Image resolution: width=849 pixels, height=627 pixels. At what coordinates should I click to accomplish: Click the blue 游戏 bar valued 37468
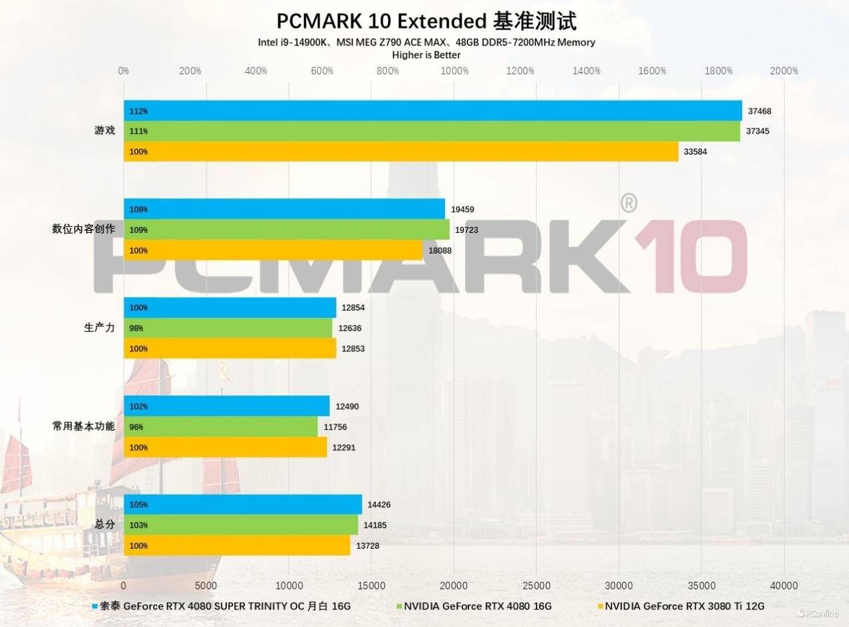point(433,110)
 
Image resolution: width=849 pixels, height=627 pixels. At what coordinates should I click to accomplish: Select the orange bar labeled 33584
point(401,151)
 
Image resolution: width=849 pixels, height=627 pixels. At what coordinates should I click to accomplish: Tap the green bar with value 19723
point(286,230)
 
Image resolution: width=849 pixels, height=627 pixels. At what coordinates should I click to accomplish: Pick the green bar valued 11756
point(221,426)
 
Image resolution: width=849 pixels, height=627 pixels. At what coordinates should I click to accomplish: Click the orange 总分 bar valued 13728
point(237,545)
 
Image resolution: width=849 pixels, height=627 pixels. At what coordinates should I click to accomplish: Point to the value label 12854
point(353,308)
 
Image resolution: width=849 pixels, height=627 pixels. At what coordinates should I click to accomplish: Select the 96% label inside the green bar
point(136,427)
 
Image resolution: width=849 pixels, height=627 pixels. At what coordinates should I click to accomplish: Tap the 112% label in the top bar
point(138,111)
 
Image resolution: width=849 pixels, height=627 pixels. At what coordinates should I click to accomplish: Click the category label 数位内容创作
point(84,229)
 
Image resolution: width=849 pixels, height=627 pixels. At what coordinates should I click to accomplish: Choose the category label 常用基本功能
point(84,426)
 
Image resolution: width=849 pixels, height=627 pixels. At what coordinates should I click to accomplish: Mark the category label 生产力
point(100,328)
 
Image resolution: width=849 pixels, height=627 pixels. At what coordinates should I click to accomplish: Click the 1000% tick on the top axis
point(454,71)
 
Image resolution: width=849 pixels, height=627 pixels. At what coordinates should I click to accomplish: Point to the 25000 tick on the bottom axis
point(537,586)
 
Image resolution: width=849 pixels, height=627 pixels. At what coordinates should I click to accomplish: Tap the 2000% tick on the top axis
point(784,71)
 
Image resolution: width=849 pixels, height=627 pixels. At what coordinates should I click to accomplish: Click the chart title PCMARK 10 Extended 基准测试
point(426,21)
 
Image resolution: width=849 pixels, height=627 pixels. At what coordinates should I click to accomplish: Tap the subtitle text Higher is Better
point(426,55)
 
